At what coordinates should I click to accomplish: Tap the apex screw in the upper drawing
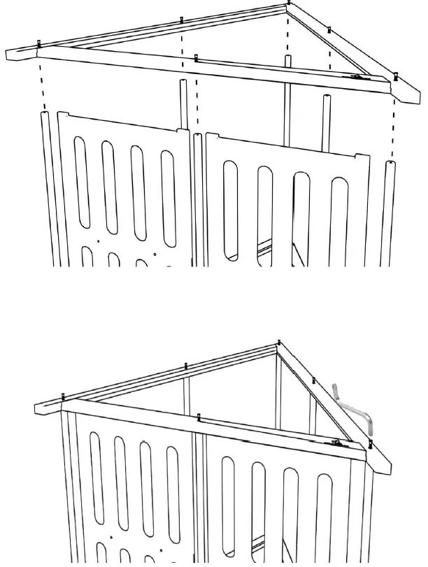click(x=289, y=3)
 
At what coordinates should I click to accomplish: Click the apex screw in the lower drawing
click(x=279, y=342)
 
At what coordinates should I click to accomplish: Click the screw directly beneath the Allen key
click(x=371, y=443)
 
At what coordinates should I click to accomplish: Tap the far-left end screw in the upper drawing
click(x=38, y=44)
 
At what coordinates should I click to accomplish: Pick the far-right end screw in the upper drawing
click(x=395, y=75)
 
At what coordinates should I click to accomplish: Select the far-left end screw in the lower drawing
click(x=63, y=397)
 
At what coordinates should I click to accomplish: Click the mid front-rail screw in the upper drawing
click(x=197, y=57)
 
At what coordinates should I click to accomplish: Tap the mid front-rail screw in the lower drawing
click(x=199, y=417)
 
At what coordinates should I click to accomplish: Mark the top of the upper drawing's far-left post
click(x=45, y=112)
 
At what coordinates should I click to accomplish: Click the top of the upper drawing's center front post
click(x=198, y=136)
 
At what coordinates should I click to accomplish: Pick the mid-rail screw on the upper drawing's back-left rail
click(x=182, y=20)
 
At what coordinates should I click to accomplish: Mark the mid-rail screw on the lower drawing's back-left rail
click(x=186, y=365)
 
